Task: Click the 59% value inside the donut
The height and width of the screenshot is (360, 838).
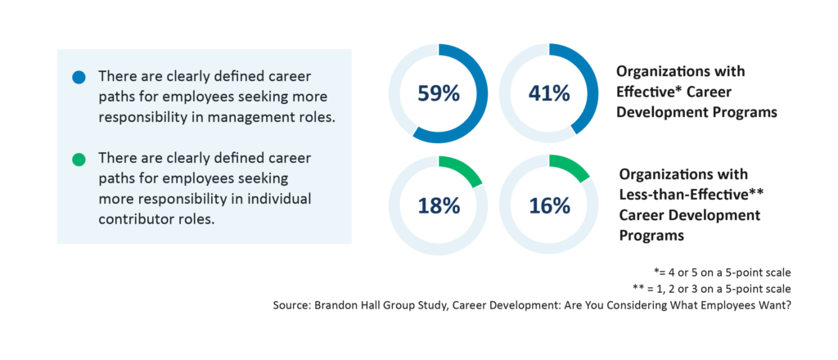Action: click(x=438, y=93)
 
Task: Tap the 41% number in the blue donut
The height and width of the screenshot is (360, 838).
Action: click(x=549, y=93)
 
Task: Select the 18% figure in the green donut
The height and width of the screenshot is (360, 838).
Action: click(x=438, y=205)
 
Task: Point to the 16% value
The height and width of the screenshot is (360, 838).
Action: click(x=549, y=205)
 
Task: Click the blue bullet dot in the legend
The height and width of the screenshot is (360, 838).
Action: click(x=79, y=77)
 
